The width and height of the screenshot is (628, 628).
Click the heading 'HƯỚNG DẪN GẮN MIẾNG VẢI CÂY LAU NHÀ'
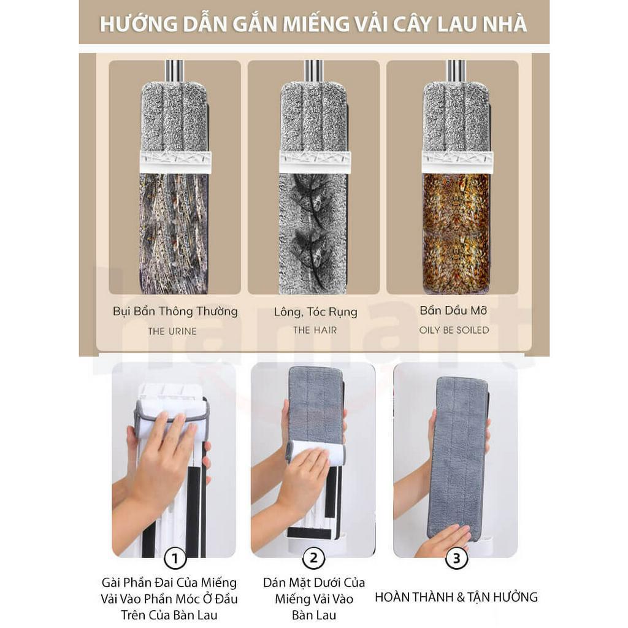tap(313, 24)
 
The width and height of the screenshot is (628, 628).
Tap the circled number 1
tap(175, 558)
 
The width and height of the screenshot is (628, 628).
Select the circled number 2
tap(314, 558)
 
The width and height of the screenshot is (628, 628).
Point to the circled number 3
tap(456, 558)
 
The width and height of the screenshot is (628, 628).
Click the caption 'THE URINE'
tap(172, 331)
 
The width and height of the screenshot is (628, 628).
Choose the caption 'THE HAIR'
tap(315, 330)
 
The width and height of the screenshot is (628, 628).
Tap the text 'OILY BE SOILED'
tap(454, 330)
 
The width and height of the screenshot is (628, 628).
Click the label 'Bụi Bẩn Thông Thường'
tap(175, 311)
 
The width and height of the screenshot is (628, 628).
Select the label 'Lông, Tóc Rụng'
tap(315, 312)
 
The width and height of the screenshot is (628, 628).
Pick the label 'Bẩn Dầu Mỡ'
tap(454, 310)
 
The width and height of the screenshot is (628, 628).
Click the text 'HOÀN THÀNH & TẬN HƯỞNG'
tap(456, 597)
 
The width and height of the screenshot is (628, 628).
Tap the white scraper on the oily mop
tap(456, 162)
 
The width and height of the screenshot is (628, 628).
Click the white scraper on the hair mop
tap(315, 162)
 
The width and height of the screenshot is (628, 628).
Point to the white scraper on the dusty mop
tap(175, 162)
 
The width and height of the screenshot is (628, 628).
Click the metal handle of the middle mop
tap(313, 70)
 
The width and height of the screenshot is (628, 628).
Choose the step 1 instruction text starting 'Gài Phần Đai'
tap(169, 598)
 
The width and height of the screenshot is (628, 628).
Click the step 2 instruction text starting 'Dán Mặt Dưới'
tap(314, 598)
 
